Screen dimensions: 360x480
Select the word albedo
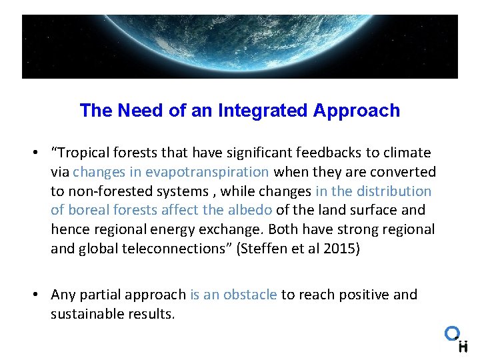[249, 210]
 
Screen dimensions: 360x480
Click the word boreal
[89, 210]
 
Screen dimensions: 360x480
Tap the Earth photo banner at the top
[240, 47]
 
